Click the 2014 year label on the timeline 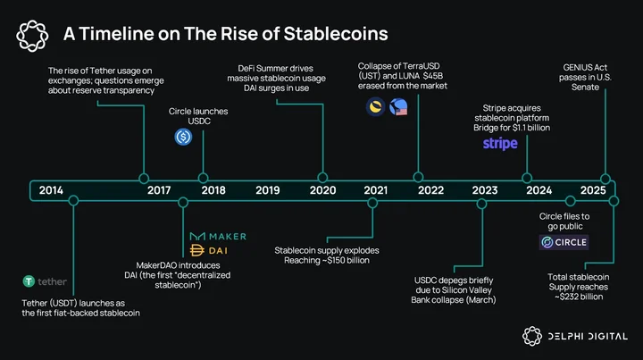pos(51,190)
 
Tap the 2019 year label pos(267,190)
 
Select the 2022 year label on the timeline pos(430,190)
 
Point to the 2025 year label pos(593,190)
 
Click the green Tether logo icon pos(29,281)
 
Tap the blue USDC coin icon pos(183,137)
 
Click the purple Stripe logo pos(500,144)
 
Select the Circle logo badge pos(564,242)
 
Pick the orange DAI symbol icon pos(196,250)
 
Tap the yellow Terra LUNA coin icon pos(375,107)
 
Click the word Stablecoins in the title pos(336,34)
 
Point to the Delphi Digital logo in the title pos(32,36)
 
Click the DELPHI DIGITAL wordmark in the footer pos(588,337)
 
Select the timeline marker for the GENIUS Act pos(605,179)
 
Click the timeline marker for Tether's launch pos(73,200)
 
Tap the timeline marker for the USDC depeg pos(482,204)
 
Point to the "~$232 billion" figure pos(579,297)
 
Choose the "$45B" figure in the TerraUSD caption pos(433,76)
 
